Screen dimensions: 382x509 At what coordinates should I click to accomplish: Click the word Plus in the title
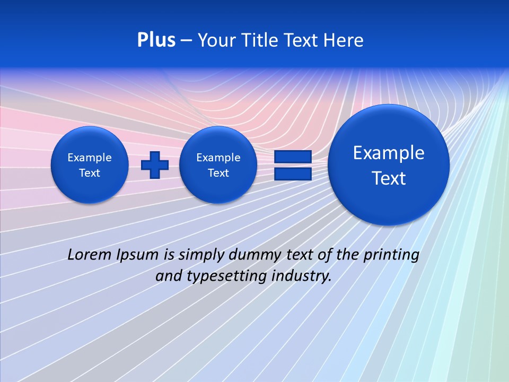(x=156, y=40)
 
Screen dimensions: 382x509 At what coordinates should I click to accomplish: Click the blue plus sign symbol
(x=155, y=165)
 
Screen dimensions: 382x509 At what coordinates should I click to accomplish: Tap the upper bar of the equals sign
(x=292, y=157)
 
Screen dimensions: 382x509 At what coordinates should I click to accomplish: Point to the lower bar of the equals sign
(x=292, y=173)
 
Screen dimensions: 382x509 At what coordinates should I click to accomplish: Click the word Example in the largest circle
(x=389, y=153)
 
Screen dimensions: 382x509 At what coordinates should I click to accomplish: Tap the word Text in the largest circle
(x=389, y=178)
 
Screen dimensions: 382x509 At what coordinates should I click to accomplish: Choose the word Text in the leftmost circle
(x=90, y=173)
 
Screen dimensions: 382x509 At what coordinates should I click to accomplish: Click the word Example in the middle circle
(x=218, y=158)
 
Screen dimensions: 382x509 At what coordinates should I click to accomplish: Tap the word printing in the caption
(x=392, y=255)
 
